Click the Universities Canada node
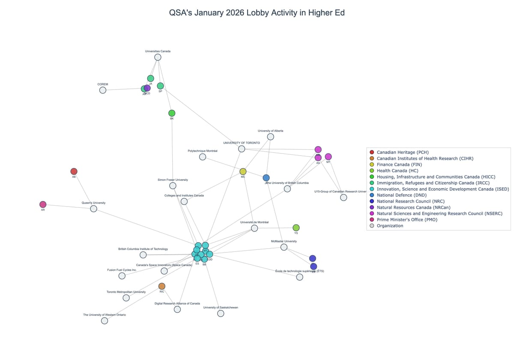tap(158, 57)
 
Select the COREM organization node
tap(103, 90)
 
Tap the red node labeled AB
tap(74, 171)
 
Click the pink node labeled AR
tap(43, 204)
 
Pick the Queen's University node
tap(93, 209)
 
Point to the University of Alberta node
tap(271, 137)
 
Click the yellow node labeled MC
tap(243, 171)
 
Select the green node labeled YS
tap(296, 228)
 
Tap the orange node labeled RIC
tap(162, 286)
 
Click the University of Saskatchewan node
tap(221, 313)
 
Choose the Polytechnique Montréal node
tap(203, 157)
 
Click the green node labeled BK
tap(172, 113)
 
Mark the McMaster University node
tap(284, 247)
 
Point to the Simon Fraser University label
tap(173, 180)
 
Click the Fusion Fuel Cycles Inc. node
tap(122, 276)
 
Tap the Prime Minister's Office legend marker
tap(372, 219)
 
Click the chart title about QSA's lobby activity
tap(257, 13)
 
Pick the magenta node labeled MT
tap(328, 156)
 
